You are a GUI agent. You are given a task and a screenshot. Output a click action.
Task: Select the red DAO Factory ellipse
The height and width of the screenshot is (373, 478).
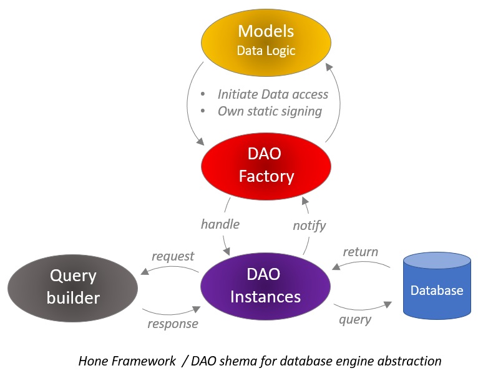pyautogui.click(x=266, y=166)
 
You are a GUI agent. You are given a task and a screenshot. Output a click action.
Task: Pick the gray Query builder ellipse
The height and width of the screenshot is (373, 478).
pyautogui.click(x=73, y=287)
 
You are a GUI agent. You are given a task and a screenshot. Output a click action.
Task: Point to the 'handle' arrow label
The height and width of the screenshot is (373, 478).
pyautogui.click(x=220, y=223)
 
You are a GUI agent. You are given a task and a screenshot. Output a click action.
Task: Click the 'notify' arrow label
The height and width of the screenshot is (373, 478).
pyautogui.click(x=310, y=225)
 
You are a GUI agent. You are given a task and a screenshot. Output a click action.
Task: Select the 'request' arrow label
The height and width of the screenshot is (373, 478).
pyautogui.click(x=173, y=256)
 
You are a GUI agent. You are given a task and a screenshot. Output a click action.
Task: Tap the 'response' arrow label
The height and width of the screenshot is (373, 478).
pyautogui.click(x=173, y=323)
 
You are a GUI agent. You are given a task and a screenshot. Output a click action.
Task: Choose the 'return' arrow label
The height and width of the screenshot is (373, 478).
pyautogui.click(x=361, y=252)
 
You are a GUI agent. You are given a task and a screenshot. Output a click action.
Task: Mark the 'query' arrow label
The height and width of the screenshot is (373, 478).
pyautogui.click(x=355, y=319)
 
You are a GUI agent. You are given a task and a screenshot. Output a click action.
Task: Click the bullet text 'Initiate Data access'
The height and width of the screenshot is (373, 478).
pyautogui.click(x=273, y=94)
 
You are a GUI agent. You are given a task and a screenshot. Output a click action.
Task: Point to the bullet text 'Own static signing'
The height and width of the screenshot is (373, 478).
pyautogui.click(x=270, y=111)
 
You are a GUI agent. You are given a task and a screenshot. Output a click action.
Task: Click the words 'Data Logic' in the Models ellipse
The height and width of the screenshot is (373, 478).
pyautogui.click(x=266, y=50)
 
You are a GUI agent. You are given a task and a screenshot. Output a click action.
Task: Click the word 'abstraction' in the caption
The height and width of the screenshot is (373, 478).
pyautogui.click(x=410, y=361)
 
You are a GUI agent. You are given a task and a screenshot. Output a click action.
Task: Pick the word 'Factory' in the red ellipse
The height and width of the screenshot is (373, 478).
pyautogui.click(x=266, y=176)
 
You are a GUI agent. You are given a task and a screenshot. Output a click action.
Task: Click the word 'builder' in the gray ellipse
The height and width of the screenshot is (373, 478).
pyautogui.click(x=73, y=297)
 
